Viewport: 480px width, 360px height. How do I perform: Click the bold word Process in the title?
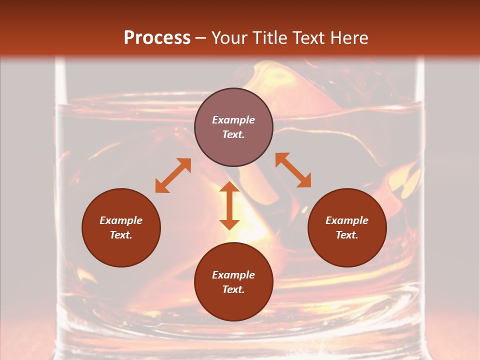[157, 38]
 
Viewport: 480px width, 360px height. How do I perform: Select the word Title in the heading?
[269, 38]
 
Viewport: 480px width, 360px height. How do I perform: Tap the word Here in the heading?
[349, 38]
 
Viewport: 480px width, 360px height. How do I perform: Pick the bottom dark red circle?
[233, 305]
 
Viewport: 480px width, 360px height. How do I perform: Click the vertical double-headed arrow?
[229, 205]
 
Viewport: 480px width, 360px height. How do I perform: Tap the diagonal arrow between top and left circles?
[173, 175]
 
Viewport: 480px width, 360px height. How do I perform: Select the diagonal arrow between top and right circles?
[293, 170]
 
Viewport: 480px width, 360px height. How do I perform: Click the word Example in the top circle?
[233, 120]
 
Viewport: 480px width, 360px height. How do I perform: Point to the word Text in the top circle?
[233, 134]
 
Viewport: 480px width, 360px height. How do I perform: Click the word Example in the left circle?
[121, 220]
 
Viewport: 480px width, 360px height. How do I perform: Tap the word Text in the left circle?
[121, 235]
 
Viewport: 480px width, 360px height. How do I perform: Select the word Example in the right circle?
[347, 220]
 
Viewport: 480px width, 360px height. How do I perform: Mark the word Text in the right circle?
[347, 235]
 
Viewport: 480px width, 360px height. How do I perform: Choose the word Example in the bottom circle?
[233, 275]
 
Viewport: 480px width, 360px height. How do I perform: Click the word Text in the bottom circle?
[233, 289]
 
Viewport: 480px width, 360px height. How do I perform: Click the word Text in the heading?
[309, 38]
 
